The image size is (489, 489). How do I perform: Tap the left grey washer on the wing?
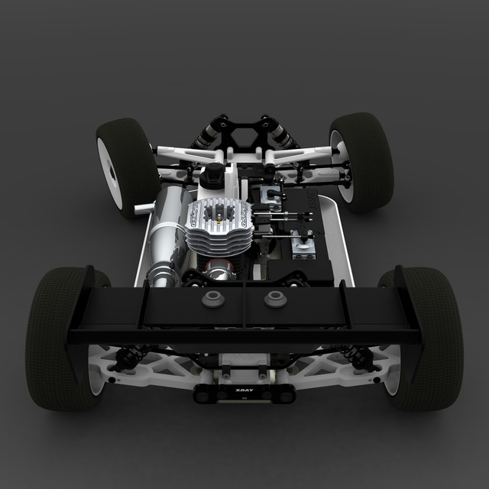pos(213,299)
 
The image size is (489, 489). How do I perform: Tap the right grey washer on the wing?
pos(275,299)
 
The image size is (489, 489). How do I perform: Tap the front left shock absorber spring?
pos(206,137)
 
